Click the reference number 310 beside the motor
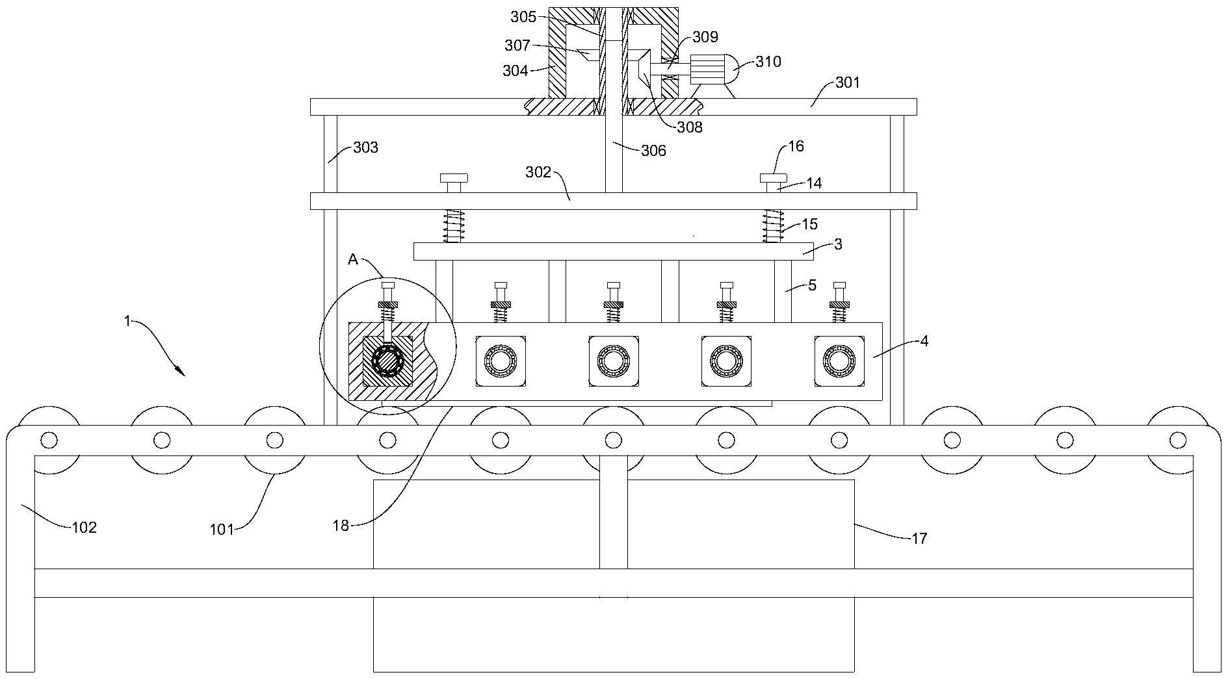[768, 62]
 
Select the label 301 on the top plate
[847, 83]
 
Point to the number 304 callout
[516, 71]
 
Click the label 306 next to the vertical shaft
[653, 151]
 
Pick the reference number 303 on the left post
[365, 147]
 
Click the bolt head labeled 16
[773, 178]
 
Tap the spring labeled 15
[772, 226]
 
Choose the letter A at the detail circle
[353, 259]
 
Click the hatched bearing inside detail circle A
[387, 361]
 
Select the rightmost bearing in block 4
[839, 361]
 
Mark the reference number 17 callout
[919, 538]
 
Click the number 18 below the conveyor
[341, 526]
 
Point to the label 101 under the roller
[221, 530]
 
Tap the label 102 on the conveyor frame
[84, 527]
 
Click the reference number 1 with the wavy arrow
[127, 321]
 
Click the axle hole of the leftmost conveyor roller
[49, 441]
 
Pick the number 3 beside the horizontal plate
[838, 244]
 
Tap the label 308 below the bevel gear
[689, 127]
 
